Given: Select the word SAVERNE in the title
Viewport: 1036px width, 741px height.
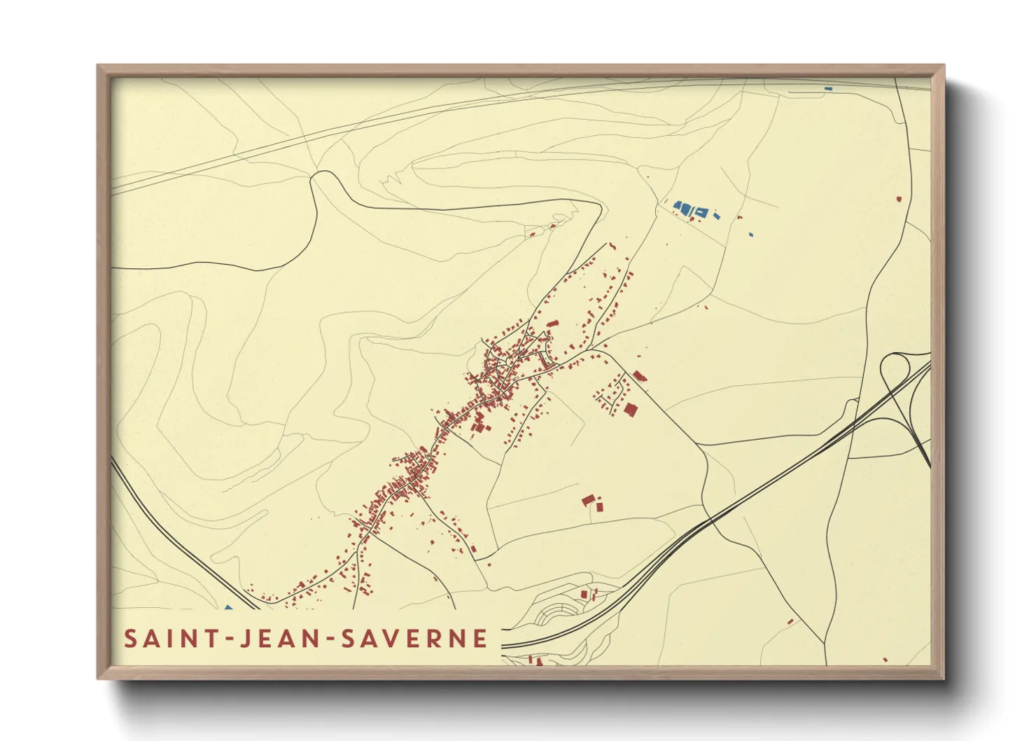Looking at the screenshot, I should (x=414, y=639).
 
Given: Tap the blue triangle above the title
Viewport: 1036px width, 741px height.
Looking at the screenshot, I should (x=227, y=608).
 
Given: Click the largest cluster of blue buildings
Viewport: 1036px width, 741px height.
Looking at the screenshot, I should (x=691, y=209).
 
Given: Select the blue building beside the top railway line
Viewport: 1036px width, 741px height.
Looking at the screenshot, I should (x=828, y=89).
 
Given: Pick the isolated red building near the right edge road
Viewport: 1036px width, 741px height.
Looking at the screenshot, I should (x=899, y=199).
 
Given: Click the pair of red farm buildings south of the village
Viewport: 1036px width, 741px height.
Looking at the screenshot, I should (x=591, y=501).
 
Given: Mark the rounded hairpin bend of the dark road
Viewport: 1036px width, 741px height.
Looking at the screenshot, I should (x=325, y=176).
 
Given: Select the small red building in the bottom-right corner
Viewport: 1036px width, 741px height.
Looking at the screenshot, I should (x=885, y=659).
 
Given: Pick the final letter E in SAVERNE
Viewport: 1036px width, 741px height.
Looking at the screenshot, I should (x=480, y=639).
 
